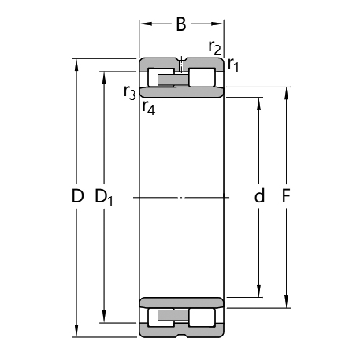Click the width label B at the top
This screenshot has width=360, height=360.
tap(180, 24)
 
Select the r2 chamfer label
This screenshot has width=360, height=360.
tap(213, 46)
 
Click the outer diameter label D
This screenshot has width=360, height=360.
tap(76, 197)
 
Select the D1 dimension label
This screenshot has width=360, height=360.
tap(104, 198)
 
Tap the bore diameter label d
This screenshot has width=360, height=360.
tap(259, 197)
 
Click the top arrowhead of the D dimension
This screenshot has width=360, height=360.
tap(76, 63)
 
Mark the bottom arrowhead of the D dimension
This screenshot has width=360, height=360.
tap(76, 331)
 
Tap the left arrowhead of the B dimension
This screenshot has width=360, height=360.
tap(144, 24)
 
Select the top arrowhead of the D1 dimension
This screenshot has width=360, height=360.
tap(104, 76)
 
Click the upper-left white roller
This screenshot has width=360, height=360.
tap(160, 77)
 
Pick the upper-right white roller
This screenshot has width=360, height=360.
tap(202, 77)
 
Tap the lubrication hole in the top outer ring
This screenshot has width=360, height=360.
tap(181, 63)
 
